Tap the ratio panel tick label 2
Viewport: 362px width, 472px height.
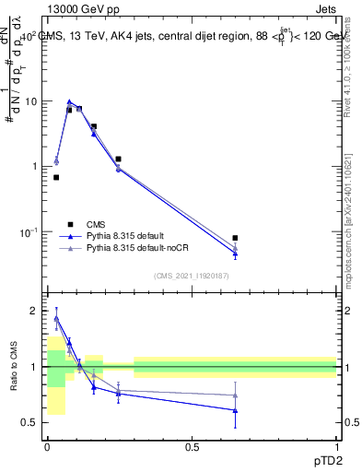34,311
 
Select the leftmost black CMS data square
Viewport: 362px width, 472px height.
56,177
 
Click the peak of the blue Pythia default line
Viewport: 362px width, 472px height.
69,101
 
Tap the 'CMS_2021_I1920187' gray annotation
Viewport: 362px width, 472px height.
192,276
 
